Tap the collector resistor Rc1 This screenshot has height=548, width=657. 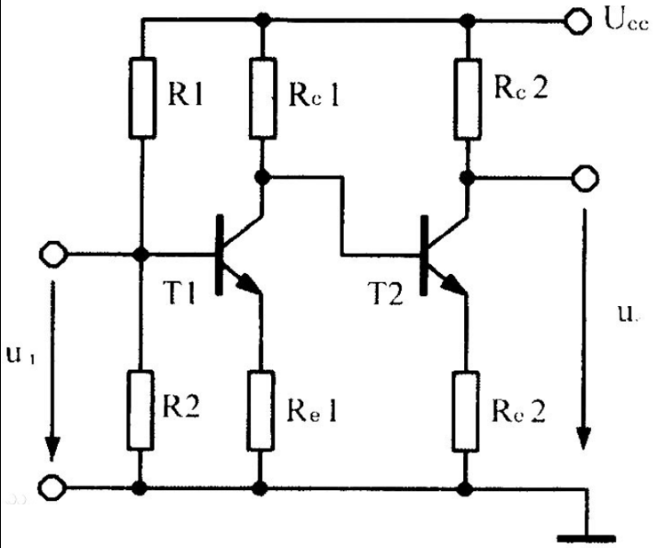click(x=260, y=98)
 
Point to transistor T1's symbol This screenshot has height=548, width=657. click(x=236, y=254)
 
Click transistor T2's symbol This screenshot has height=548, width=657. click(x=440, y=254)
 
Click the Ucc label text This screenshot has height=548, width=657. click(x=621, y=20)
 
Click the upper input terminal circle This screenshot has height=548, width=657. click(x=52, y=254)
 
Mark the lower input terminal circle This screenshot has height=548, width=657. click(x=52, y=488)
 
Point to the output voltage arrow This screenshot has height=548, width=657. click(x=583, y=329)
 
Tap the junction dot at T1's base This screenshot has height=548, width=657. click(x=140, y=254)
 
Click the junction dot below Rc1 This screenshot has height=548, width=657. click(x=260, y=178)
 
